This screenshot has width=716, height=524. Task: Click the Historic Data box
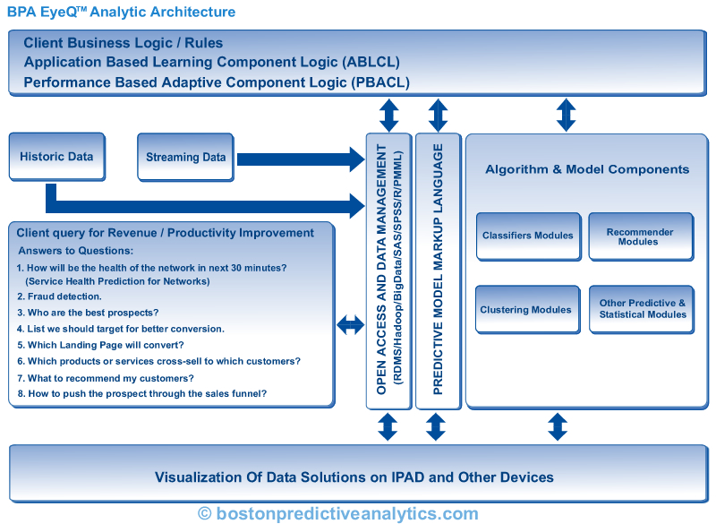(x=56, y=157)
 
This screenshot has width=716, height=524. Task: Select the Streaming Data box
(x=185, y=158)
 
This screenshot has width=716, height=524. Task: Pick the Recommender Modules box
(x=639, y=236)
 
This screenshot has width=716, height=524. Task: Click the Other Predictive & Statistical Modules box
(x=642, y=309)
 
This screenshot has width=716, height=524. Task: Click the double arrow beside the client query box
(x=351, y=326)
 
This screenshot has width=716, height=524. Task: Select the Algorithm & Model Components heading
(x=586, y=168)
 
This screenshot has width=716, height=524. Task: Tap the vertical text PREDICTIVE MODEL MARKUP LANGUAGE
(x=438, y=271)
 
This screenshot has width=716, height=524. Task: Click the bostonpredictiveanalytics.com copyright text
(x=338, y=513)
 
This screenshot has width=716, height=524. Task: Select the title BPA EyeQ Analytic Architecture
(x=122, y=13)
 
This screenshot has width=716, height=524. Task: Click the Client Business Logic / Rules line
(x=124, y=43)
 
